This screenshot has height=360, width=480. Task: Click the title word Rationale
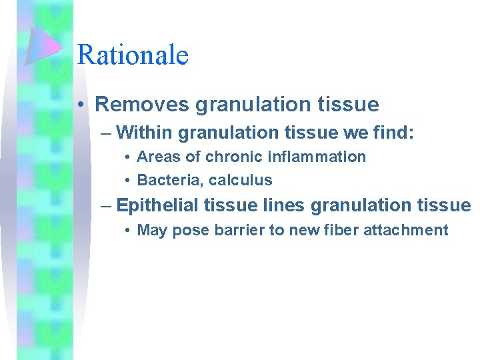133,55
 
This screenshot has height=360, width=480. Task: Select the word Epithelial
157,205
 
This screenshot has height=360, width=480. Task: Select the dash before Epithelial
106,205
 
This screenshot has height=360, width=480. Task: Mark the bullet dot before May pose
126,231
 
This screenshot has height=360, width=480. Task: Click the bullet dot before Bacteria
126,180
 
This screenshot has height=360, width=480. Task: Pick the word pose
185,231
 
